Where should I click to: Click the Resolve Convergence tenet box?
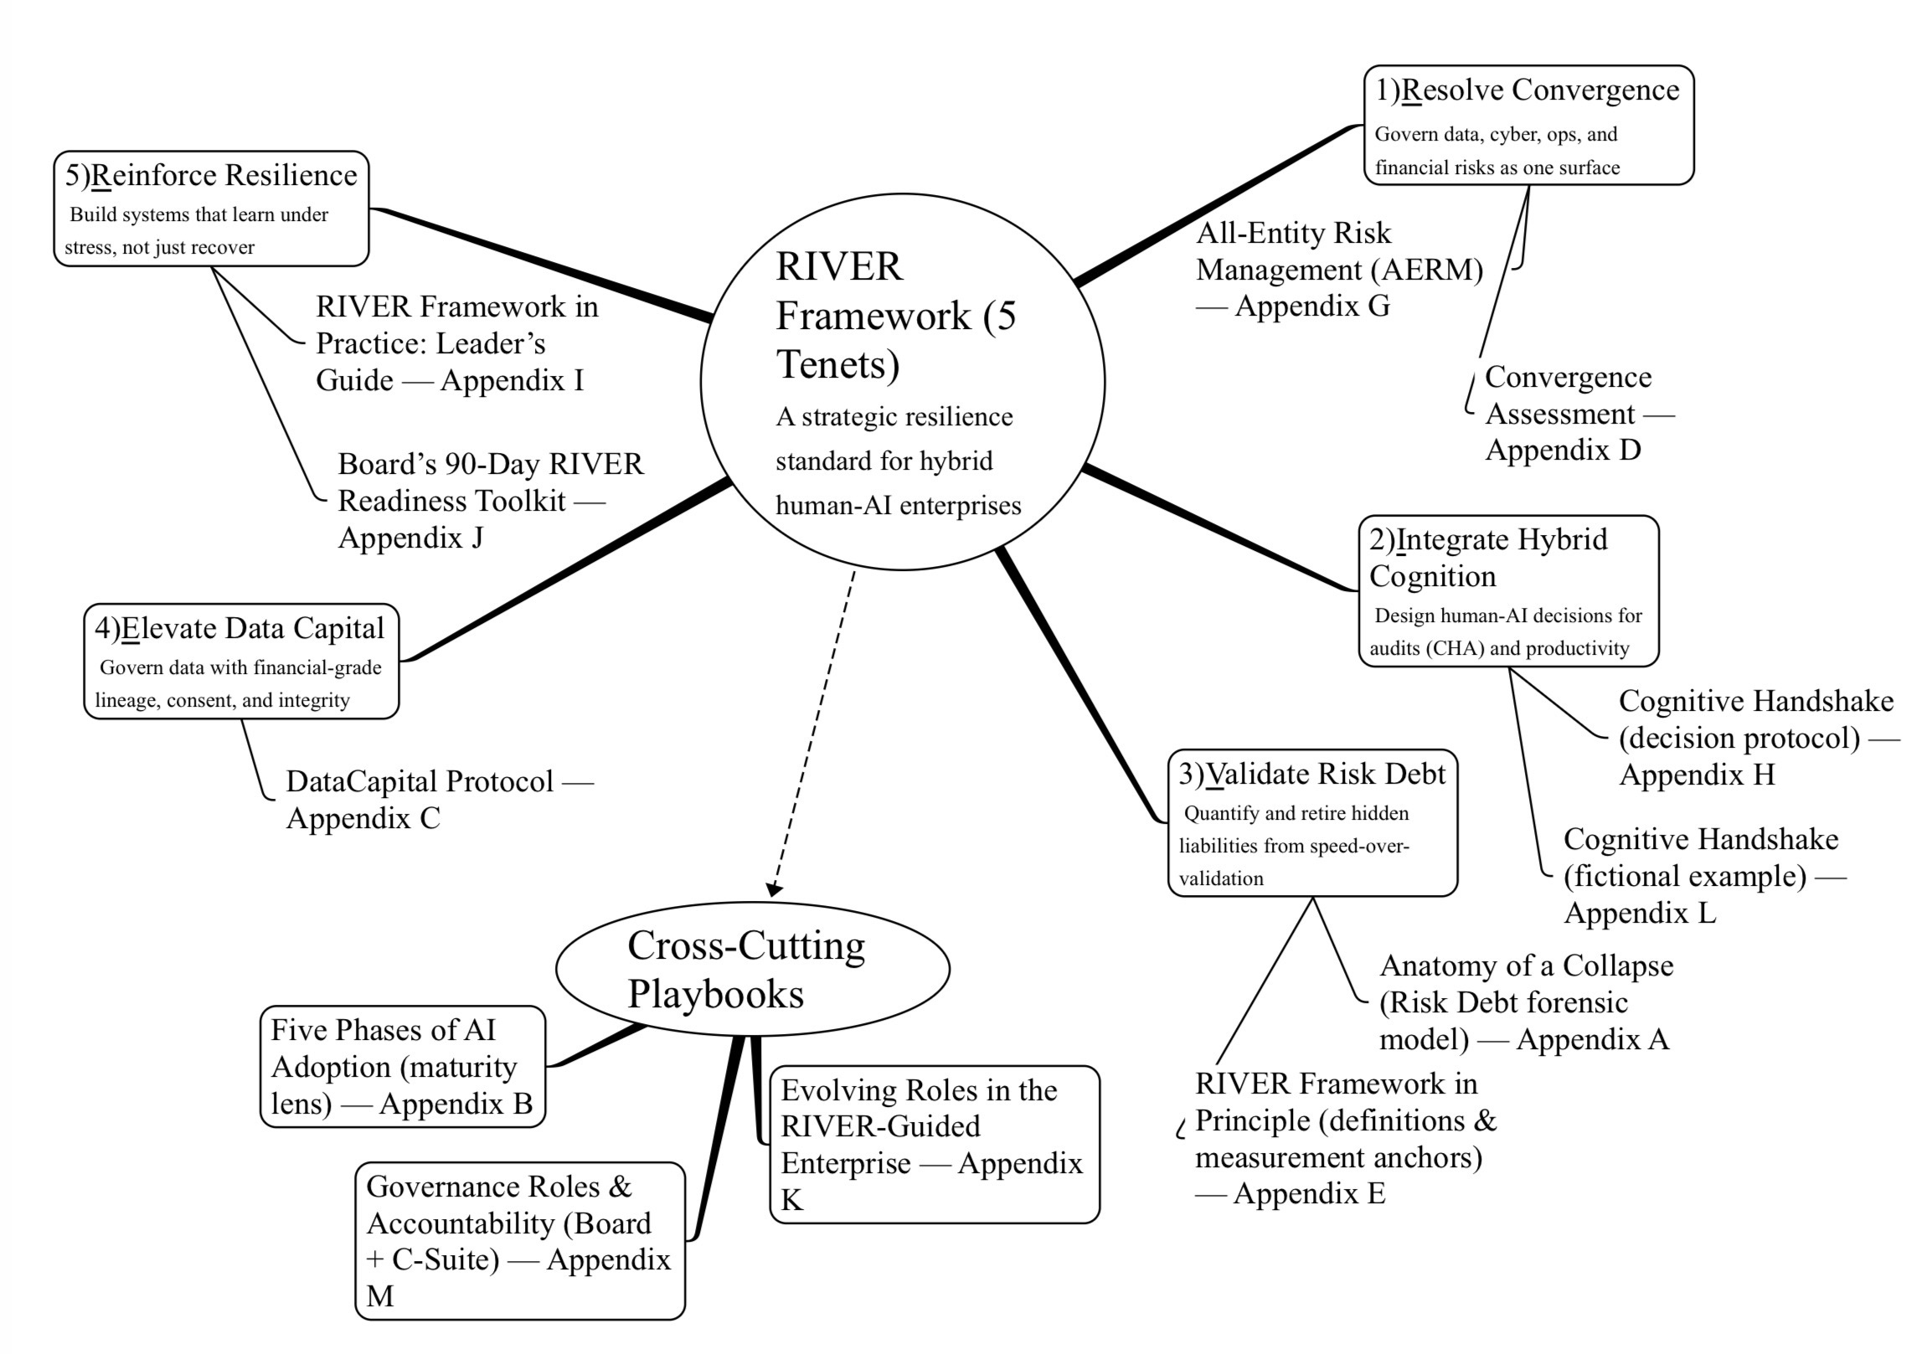[1528, 125]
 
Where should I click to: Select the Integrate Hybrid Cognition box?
[1508, 590]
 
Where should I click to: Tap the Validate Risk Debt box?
[1311, 822]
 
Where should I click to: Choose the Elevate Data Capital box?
[240, 661]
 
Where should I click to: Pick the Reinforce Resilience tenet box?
[210, 209]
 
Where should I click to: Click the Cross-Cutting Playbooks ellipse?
[752, 969]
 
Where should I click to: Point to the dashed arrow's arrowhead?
[774, 889]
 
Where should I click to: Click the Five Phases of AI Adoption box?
[402, 1066]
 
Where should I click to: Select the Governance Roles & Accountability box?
[519, 1240]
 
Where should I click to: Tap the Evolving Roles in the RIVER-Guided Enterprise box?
[934, 1144]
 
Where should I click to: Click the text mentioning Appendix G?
[1339, 270]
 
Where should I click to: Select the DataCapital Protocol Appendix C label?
[437, 800]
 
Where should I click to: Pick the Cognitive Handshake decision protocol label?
[1754, 738]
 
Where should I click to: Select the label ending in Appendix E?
[1344, 1138]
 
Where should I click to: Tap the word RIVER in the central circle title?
[839, 267]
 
